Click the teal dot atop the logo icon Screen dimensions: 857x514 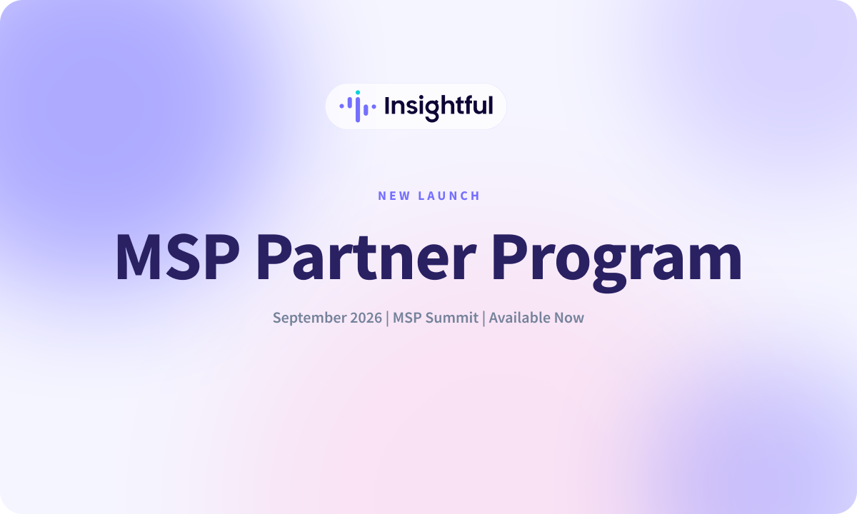point(358,93)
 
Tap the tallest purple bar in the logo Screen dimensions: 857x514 point(358,109)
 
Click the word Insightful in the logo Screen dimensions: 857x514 point(438,108)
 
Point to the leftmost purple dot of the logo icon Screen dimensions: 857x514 point(341,106)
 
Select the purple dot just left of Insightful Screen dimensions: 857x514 point(374,106)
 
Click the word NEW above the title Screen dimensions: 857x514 point(394,196)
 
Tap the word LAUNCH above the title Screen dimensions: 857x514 point(448,196)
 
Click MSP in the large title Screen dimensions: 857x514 point(178,257)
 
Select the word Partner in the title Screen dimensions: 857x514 point(366,257)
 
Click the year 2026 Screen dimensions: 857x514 point(366,318)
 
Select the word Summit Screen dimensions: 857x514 point(452,318)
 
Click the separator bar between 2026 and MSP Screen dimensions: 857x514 point(388,318)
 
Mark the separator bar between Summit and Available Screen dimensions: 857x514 point(484,318)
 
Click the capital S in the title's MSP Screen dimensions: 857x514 point(184,257)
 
